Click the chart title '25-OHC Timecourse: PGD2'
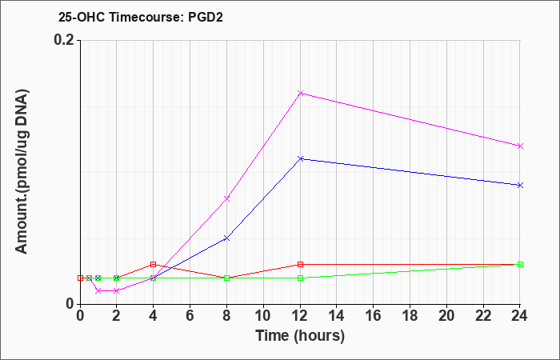[x=141, y=18]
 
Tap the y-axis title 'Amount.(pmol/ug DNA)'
[x=22, y=171]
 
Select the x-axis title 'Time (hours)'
[x=300, y=336]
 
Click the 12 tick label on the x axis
[x=300, y=316]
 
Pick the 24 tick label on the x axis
[x=520, y=316]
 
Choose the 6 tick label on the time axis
[x=190, y=316]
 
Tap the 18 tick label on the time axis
[x=410, y=316]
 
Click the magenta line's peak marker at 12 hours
[x=300, y=94]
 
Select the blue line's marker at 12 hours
[x=300, y=158]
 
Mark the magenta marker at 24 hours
[x=520, y=146]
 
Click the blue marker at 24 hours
[x=520, y=185]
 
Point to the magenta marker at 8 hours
[x=226, y=198]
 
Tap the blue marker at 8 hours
[x=226, y=238]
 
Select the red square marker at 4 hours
[x=154, y=264]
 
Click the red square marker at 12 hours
[x=300, y=264]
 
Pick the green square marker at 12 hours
[x=300, y=278]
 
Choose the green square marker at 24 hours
[x=520, y=264]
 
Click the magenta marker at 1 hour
[x=98, y=290]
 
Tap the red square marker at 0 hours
[x=80, y=278]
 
